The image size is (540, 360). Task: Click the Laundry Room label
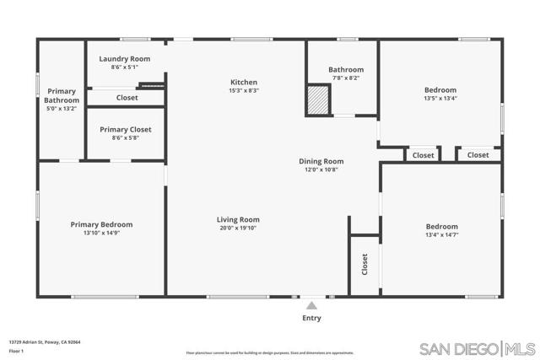(x=124, y=58)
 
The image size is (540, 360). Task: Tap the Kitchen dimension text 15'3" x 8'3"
(x=244, y=90)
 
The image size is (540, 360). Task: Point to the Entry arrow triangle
(x=311, y=306)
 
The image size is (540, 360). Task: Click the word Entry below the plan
(x=311, y=319)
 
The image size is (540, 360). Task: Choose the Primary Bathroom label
(x=62, y=95)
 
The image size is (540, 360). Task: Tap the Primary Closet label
(x=126, y=129)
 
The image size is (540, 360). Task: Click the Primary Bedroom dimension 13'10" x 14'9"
(x=101, y=233)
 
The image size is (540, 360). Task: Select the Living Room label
(x=237, y=219)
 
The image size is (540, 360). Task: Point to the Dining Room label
(x=321, y=161)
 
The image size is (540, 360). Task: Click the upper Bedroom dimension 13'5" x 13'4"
(x=440, y=99)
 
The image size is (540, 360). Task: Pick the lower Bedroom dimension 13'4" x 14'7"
(x=441, y=234)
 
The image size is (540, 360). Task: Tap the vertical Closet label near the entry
(x=364, y=265)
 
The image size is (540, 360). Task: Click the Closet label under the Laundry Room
(x=127, y=98)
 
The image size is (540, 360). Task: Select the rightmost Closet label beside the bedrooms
(x=478, y=155)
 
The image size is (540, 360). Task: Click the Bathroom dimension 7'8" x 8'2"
(x=345, y=78)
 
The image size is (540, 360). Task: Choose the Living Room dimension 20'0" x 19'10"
(x=237, y=228)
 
